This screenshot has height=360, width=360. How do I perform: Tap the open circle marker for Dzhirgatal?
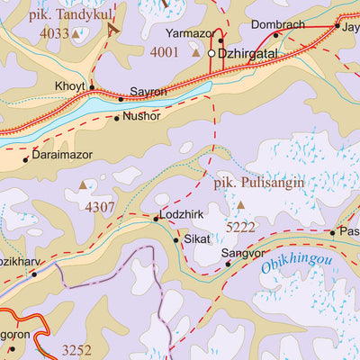(212, 54)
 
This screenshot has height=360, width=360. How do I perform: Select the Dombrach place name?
(277, 23)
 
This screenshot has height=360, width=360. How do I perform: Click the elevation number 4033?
(53, 33)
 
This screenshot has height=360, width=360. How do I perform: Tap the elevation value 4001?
(165, 53)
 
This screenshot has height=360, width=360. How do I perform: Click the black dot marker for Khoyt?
(91, 87)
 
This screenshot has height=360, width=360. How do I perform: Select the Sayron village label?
(148, 93)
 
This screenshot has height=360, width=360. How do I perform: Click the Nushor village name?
(140, 117)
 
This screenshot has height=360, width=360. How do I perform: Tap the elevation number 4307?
(101, 206)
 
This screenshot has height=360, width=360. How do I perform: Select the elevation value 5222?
(240, 227)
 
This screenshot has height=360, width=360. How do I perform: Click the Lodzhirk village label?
(183, 216)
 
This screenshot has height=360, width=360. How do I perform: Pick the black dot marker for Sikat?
(175, 239)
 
